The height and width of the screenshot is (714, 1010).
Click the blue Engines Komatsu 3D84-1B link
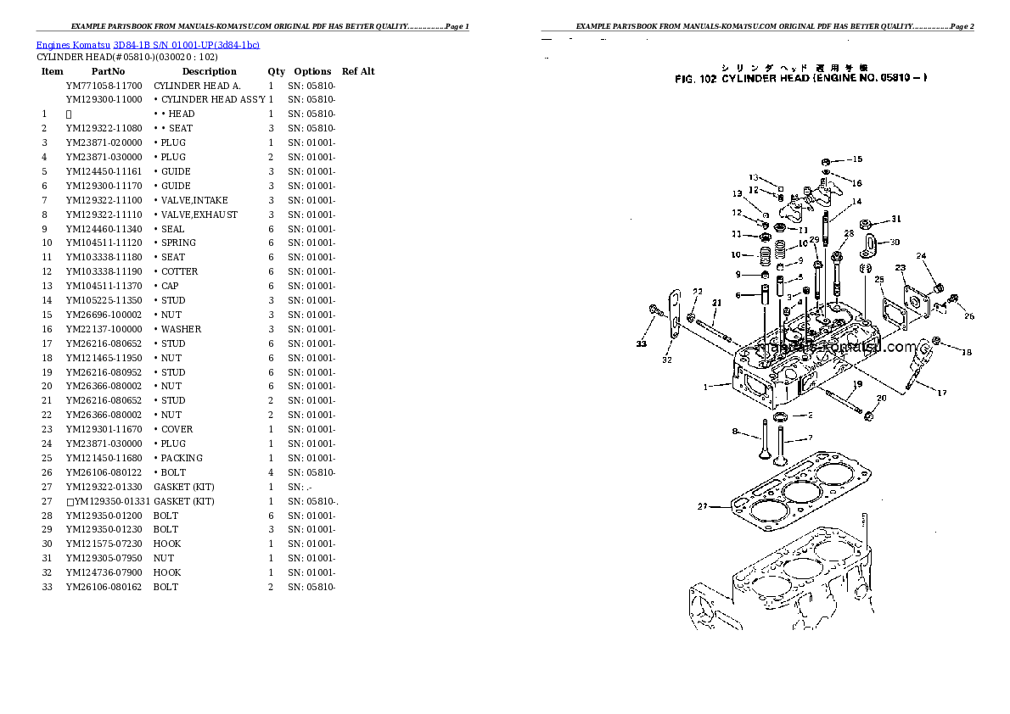coord(148,44)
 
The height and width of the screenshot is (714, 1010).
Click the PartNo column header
coord(108,71)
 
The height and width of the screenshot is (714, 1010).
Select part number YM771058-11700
coord(104,86)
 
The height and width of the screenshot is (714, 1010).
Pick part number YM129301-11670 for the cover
coord(104,429)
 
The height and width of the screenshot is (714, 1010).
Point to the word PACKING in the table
coord(182,458)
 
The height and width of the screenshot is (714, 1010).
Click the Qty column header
coord(277,71)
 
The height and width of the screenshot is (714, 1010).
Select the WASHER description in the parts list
coord(181,329)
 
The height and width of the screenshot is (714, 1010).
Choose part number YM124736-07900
coord(104,572)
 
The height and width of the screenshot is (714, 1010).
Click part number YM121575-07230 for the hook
coord(104,544)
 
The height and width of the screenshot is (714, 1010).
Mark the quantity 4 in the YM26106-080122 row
coord(271,472)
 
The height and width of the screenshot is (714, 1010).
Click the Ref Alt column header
coord(358,71)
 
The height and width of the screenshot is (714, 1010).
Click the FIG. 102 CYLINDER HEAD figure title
coord(800,78)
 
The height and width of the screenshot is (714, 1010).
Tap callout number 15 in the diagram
coord(856,159)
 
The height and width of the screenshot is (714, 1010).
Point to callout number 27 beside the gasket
coord(702,506)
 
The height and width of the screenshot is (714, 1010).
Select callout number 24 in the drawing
coord(921,256)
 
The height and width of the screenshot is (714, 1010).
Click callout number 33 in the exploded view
coord(641,343)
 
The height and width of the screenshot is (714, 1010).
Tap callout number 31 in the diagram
coord(896,220)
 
